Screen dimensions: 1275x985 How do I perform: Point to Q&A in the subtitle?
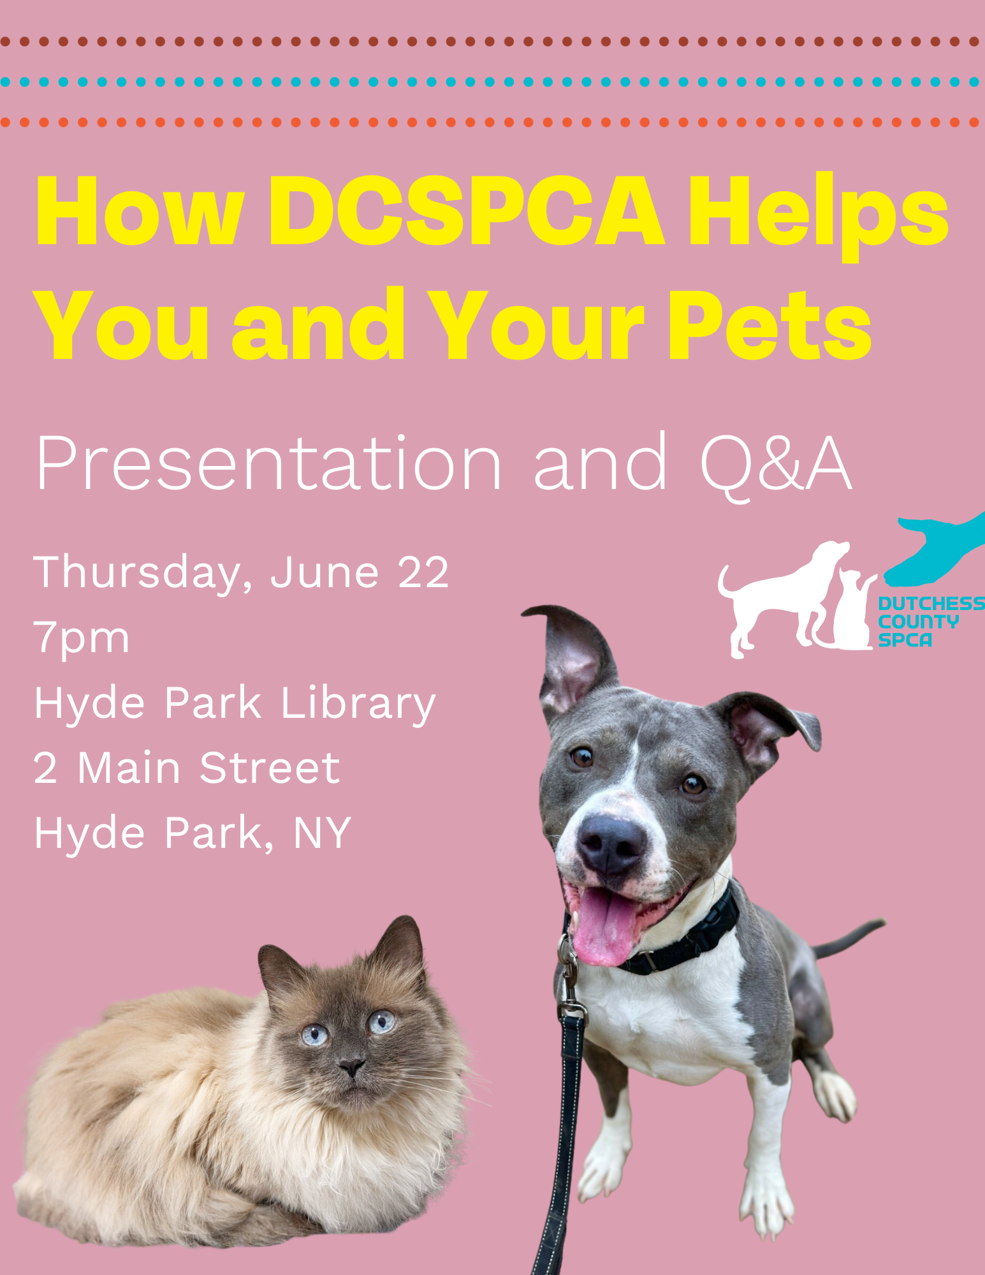775,463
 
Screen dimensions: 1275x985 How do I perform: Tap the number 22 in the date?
423,572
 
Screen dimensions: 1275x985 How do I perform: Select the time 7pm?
82,637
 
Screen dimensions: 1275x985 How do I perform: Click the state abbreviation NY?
322,833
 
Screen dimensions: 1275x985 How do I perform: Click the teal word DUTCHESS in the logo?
931,603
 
